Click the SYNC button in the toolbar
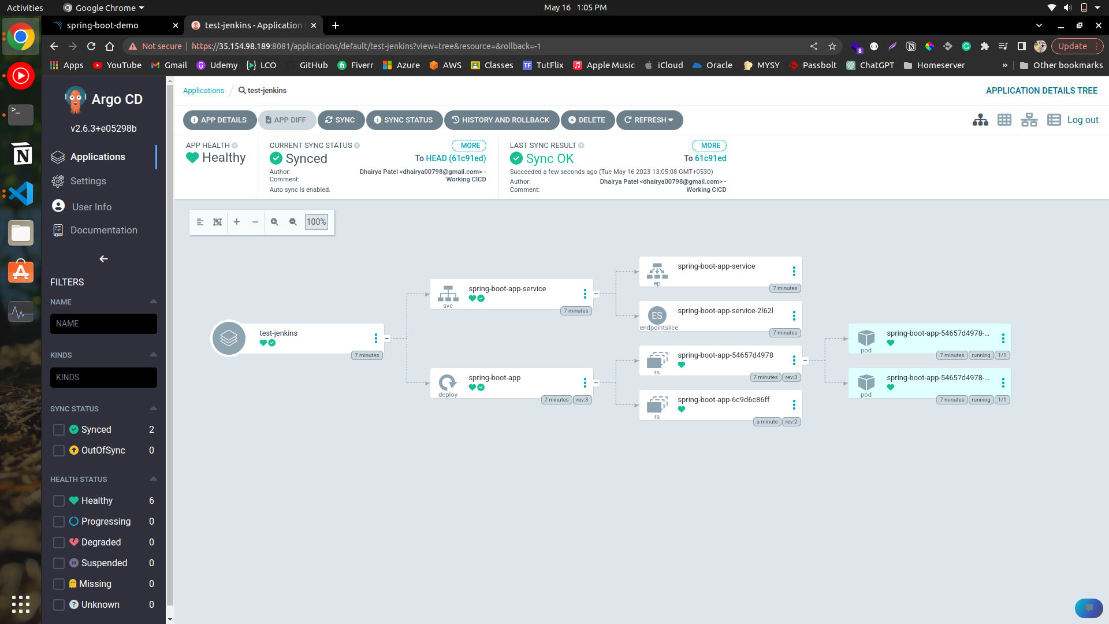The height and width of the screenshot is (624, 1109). tap(341, 120)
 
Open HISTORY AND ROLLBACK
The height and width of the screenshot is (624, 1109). tap(501, 120)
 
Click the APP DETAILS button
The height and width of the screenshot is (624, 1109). tap(219, 120)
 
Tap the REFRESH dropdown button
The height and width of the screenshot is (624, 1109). tap(649, 120)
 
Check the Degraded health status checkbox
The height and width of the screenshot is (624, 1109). tap(58, 543)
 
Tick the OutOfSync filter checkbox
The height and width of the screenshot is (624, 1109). tap(58, 451)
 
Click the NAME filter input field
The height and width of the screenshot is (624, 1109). tap(103, 324)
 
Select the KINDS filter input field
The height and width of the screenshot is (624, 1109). tap(103, 378)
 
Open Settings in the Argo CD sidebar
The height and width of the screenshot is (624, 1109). tap(88, 181)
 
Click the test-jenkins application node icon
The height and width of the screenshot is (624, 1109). tap(229, 339)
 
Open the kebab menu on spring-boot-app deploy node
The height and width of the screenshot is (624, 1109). tap(585, 383)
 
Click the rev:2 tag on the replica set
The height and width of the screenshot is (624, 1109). tap(791, 422)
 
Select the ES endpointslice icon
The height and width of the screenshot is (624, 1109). tap(657, 315)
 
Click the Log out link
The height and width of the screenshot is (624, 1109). tap(1082, 120)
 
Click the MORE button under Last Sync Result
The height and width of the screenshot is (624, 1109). tap(710, 146)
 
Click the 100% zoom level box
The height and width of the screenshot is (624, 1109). tap(316, 222)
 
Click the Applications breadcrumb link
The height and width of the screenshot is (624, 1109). tap(203, 91)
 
